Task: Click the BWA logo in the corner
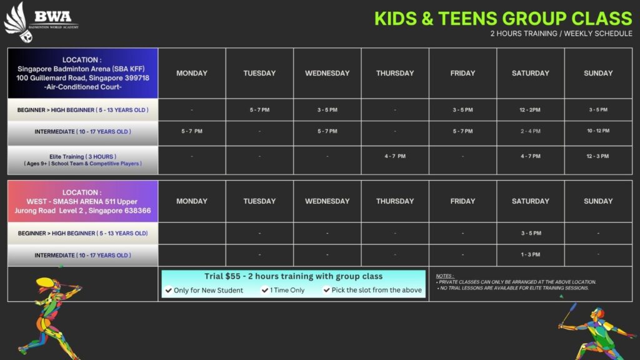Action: click(41, 22)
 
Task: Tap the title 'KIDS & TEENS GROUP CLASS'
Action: click(503, 18)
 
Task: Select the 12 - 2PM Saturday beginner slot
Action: click(530, 110)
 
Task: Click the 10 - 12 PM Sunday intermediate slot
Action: click(598, 131)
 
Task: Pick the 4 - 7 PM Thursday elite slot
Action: click(395, 156)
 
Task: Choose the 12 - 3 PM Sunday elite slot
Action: click(597, 156)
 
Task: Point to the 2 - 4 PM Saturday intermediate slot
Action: click(530, 131)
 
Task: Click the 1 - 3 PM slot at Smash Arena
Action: click(530, 254)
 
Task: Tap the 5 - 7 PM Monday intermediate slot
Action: click(192, 131)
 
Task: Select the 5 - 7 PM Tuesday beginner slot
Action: click(259, 110)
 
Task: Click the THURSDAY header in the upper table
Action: click(395, 74)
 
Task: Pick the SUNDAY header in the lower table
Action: click(598, 201)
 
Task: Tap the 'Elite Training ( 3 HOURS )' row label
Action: click(83, 156)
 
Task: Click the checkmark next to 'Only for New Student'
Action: click(169, 290)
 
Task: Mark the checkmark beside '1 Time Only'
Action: click(265, 290)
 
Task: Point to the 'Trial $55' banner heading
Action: click(294, 276)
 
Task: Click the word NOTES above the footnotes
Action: click(444, 276)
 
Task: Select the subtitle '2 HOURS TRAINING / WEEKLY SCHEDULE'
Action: click(561, 34)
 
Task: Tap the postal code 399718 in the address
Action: click(136, 78)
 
